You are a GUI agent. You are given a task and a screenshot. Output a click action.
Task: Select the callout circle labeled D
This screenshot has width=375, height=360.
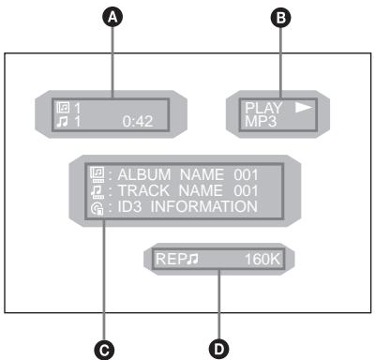tap(219, 348)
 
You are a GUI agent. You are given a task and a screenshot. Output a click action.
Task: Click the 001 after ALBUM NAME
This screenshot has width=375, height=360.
tap(241, 175)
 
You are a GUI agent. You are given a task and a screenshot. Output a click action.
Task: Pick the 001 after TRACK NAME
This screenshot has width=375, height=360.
tap(239, 190)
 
